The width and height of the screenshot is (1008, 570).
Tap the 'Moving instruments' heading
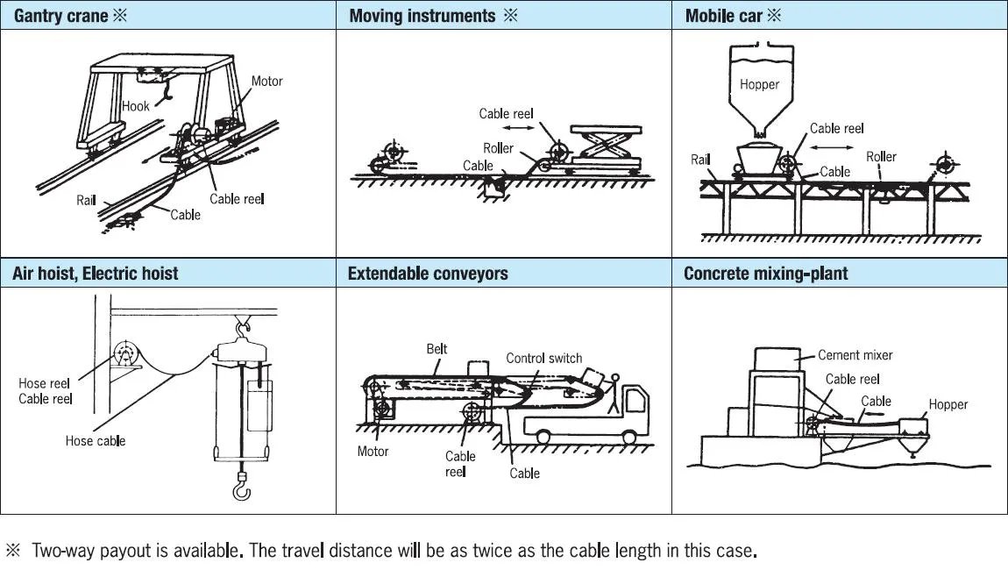422,16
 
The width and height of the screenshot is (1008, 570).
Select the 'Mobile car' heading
724,16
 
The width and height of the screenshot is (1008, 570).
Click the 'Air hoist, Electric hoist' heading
96,273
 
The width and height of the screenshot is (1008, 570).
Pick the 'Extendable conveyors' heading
428,273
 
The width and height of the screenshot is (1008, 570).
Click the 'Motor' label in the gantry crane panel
266,81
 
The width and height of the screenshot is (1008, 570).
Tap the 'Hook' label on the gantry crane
136,106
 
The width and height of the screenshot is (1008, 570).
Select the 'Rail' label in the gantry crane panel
86,200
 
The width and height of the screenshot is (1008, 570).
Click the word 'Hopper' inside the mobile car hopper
759,84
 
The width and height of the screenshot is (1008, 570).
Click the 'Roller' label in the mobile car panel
881,156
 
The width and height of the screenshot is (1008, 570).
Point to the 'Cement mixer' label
855,355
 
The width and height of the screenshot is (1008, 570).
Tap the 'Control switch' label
543,358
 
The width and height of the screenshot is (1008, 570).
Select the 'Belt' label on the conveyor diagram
437,349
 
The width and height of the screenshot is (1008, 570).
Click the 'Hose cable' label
95,440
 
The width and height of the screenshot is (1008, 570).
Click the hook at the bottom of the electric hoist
241,485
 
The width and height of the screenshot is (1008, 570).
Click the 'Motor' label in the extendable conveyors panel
373,452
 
